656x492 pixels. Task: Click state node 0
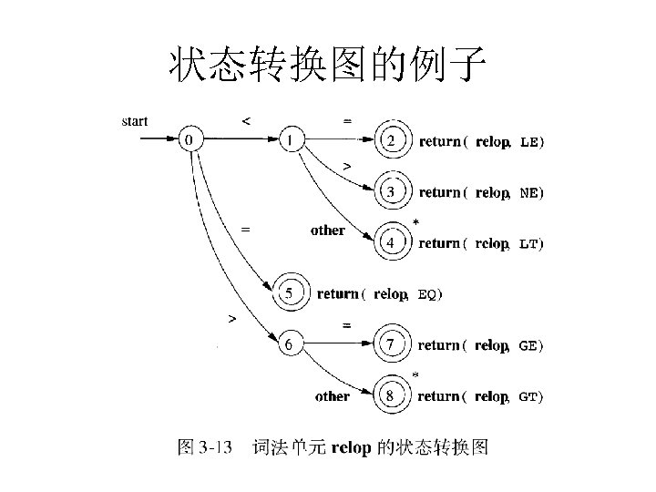coord(190,140)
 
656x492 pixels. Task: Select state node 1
coord(290,140)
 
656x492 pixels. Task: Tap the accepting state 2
coord(391,141)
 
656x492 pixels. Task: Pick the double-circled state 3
coord(391,192)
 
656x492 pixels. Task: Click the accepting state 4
coord(391,243)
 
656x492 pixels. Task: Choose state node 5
coord(290,293)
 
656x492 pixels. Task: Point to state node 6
coord(290,344)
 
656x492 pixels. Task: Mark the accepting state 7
coord(391,345)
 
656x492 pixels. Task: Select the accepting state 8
coord(391,396)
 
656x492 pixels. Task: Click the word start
coord(135,121)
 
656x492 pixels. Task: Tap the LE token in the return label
coord(530,142)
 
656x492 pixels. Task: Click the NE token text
coord(530,193)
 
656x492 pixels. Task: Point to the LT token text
coord(530,244)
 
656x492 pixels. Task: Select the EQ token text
coord(428,294)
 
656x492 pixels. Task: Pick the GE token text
coord(530,346)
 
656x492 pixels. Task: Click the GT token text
coord(530,397)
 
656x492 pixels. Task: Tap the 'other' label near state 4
coord(327,231)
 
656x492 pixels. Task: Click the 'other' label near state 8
coord(332,396)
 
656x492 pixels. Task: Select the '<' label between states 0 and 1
coord(244,119)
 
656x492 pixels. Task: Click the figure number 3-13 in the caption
coord(217,446)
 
